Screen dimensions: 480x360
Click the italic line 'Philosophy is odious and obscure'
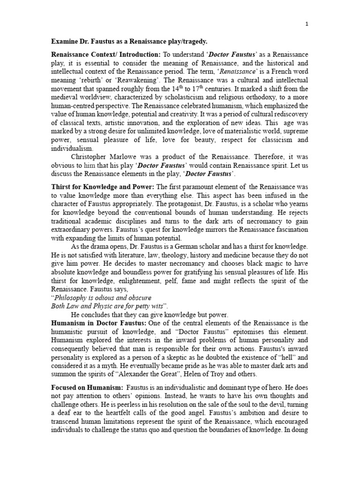coord(102,298)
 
